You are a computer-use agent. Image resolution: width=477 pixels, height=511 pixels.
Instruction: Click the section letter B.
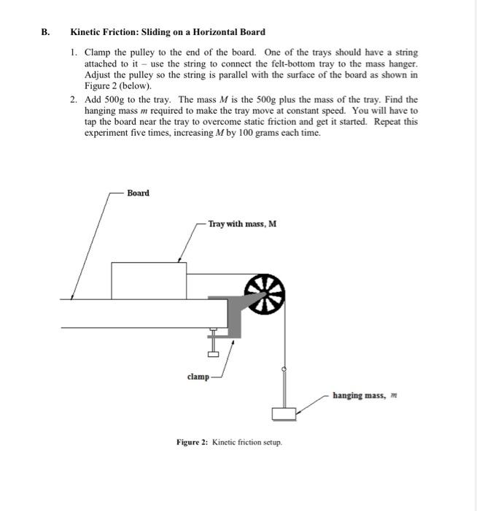click(44, 32)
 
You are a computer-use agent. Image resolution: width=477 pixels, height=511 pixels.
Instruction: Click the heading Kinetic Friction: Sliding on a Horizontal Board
click(167, 32)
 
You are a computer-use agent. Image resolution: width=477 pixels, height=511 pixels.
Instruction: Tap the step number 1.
click(74, 53)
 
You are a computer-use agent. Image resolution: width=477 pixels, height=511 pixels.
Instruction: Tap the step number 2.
click(74, 99)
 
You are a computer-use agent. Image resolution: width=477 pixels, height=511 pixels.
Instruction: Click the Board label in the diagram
click(138, 193)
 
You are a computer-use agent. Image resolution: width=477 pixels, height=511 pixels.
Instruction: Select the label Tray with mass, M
click(241, 224)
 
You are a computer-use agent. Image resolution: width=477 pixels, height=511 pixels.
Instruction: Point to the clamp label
click(197, 377)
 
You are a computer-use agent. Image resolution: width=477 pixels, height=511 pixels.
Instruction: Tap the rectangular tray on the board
click(148, 280)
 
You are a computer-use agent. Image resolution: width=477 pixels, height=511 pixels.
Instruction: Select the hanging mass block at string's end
click(284, 414)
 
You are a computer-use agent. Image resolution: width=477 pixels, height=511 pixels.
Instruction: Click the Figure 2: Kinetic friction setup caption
click(229, 442)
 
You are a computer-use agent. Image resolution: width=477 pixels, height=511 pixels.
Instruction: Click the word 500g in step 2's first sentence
click(118, 99)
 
